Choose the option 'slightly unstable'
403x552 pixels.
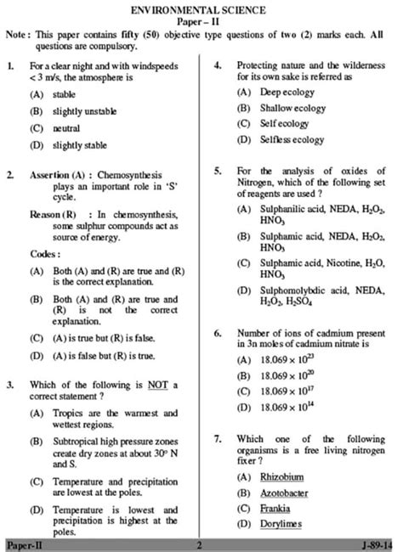(84, 111)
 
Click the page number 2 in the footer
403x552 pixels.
(198, 544)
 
